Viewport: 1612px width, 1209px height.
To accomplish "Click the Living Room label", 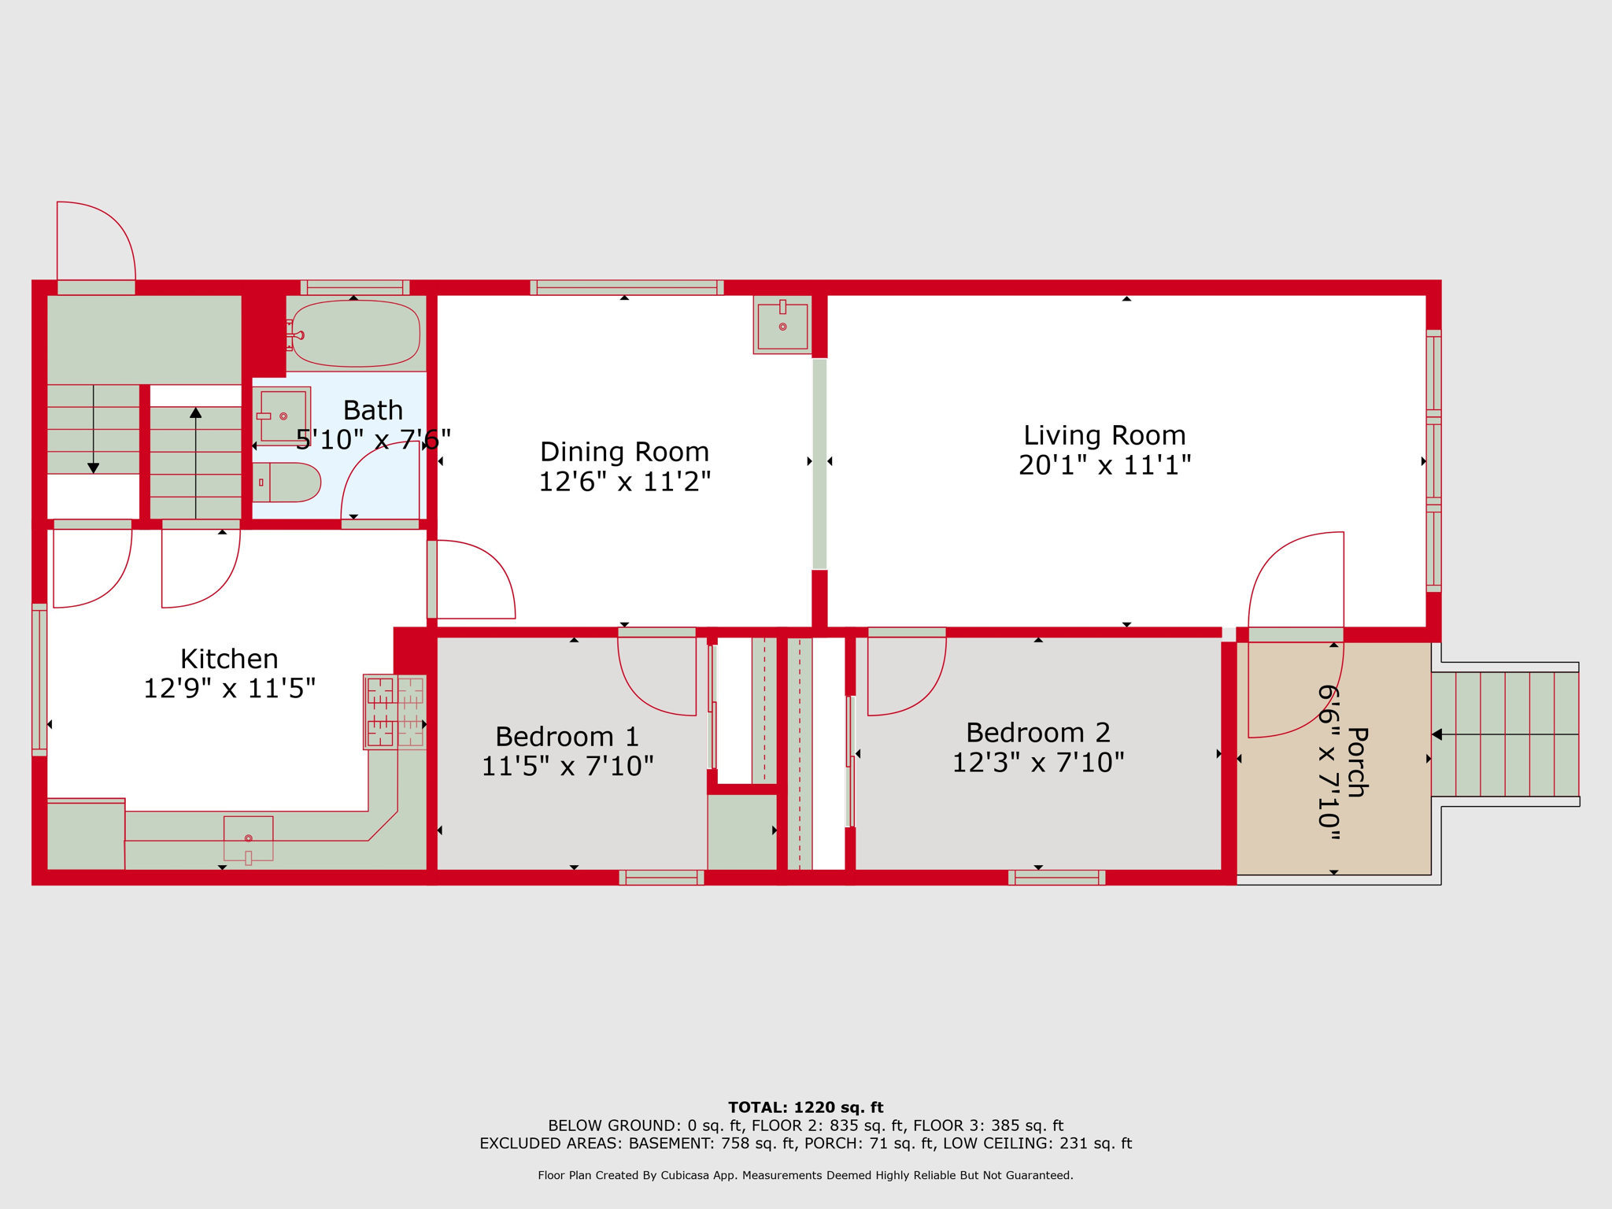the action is click(x=1104, y=435).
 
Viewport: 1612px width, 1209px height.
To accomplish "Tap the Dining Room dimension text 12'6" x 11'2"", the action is click(x=624, y=482).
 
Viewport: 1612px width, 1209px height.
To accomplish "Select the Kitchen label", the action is click(x=229, y=659).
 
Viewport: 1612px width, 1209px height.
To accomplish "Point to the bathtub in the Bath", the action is click(x=355, y=334).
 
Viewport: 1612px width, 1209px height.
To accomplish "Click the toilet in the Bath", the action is click(x=287, y=482).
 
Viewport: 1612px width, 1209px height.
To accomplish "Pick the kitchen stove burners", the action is click(x=395, y=712).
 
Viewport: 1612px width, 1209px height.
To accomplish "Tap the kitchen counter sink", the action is click(x=249, y=839).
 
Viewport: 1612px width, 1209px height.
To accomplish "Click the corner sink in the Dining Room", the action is click(x=782, y=325).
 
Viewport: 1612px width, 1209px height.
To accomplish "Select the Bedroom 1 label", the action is click(x=567, y=737).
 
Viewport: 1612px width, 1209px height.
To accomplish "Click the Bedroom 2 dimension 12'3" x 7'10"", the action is click(x=1038, y=763).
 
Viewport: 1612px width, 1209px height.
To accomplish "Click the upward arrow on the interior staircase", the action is click(x=196, y=463).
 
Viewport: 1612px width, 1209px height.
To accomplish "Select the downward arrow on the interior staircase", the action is click(x=94, y=429).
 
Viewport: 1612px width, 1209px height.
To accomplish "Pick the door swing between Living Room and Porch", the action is click(x=1296, y=634).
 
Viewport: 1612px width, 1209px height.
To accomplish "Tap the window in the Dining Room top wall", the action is click(x=627, y=287).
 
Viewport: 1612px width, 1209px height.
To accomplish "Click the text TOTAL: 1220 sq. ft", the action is click(x=806, y=1107).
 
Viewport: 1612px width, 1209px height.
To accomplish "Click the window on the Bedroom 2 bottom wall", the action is click(x=1057, y=878).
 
